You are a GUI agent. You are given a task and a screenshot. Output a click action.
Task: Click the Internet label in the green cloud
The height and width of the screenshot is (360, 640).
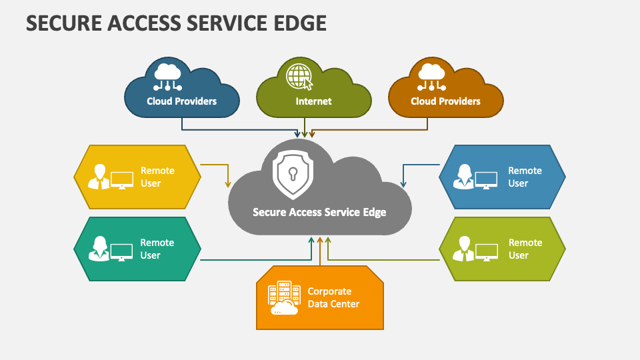tap(313, 101)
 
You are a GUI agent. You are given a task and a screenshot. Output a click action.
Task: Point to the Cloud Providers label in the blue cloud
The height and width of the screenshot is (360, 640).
tap(182, 101)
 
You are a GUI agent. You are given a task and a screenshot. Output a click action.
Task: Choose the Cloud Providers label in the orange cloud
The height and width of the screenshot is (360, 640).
tap(445, 101)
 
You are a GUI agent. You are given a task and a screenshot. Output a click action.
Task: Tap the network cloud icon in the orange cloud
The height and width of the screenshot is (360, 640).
tap(431, 77)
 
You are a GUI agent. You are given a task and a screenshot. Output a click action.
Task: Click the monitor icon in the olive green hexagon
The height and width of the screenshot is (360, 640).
tap(487, 251)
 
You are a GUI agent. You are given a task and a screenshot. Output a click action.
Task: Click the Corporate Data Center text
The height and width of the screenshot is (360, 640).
tap(333, 298)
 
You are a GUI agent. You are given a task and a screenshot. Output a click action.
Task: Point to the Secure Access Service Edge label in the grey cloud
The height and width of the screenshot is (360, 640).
tap(319, 212)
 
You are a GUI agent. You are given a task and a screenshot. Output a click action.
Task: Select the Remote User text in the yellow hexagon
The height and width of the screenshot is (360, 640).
tap(157, 177)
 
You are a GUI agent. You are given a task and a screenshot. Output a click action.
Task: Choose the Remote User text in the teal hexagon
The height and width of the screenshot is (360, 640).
tap(157, 249)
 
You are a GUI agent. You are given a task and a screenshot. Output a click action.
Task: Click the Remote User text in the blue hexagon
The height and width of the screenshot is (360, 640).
tap(525, 177)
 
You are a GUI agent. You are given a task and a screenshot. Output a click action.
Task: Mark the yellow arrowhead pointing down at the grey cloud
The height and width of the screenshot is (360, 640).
tap(228, 183)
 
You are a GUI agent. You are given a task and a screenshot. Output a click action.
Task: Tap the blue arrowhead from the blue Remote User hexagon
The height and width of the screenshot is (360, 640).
tap(402, 183)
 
